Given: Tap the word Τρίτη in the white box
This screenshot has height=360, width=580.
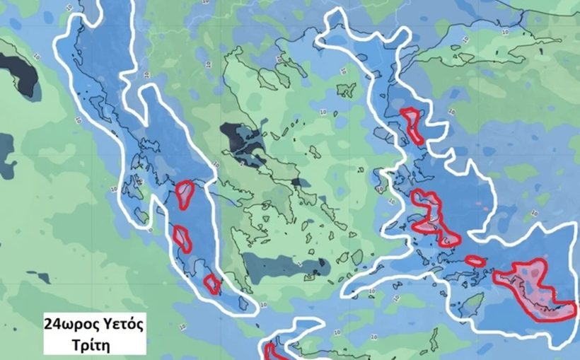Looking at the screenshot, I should click(94, 344).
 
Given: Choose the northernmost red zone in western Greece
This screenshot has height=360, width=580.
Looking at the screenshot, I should click(185, 194).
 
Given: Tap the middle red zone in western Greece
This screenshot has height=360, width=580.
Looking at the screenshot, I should click(182, 238).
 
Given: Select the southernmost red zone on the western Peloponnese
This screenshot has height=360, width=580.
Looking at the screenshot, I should click(211, 283).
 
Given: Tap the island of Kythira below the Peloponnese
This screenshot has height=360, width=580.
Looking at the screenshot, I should click(245, 303).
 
